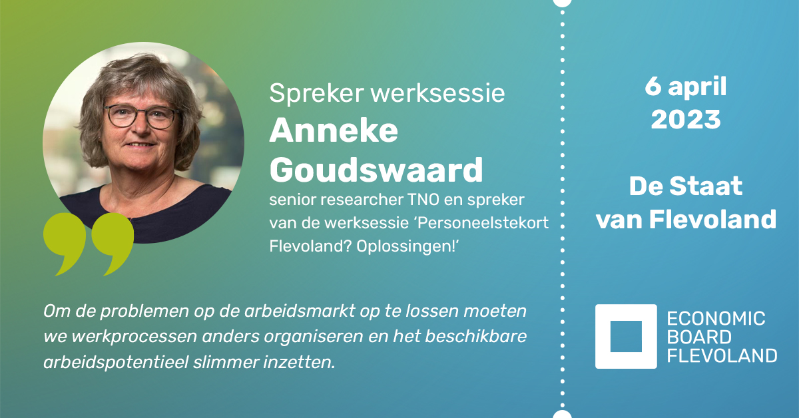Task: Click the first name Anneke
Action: point(334,132)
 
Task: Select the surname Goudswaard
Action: point(376,171)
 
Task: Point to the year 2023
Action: point(686,120)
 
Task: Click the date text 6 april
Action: point(686,87)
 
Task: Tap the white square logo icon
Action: point(625,336)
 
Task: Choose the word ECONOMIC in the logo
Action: point(716,319)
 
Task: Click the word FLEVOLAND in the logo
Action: point(722,355)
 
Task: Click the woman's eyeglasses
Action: point(142,117)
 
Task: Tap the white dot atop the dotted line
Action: point(563,2)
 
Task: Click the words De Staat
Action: point(686,187)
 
